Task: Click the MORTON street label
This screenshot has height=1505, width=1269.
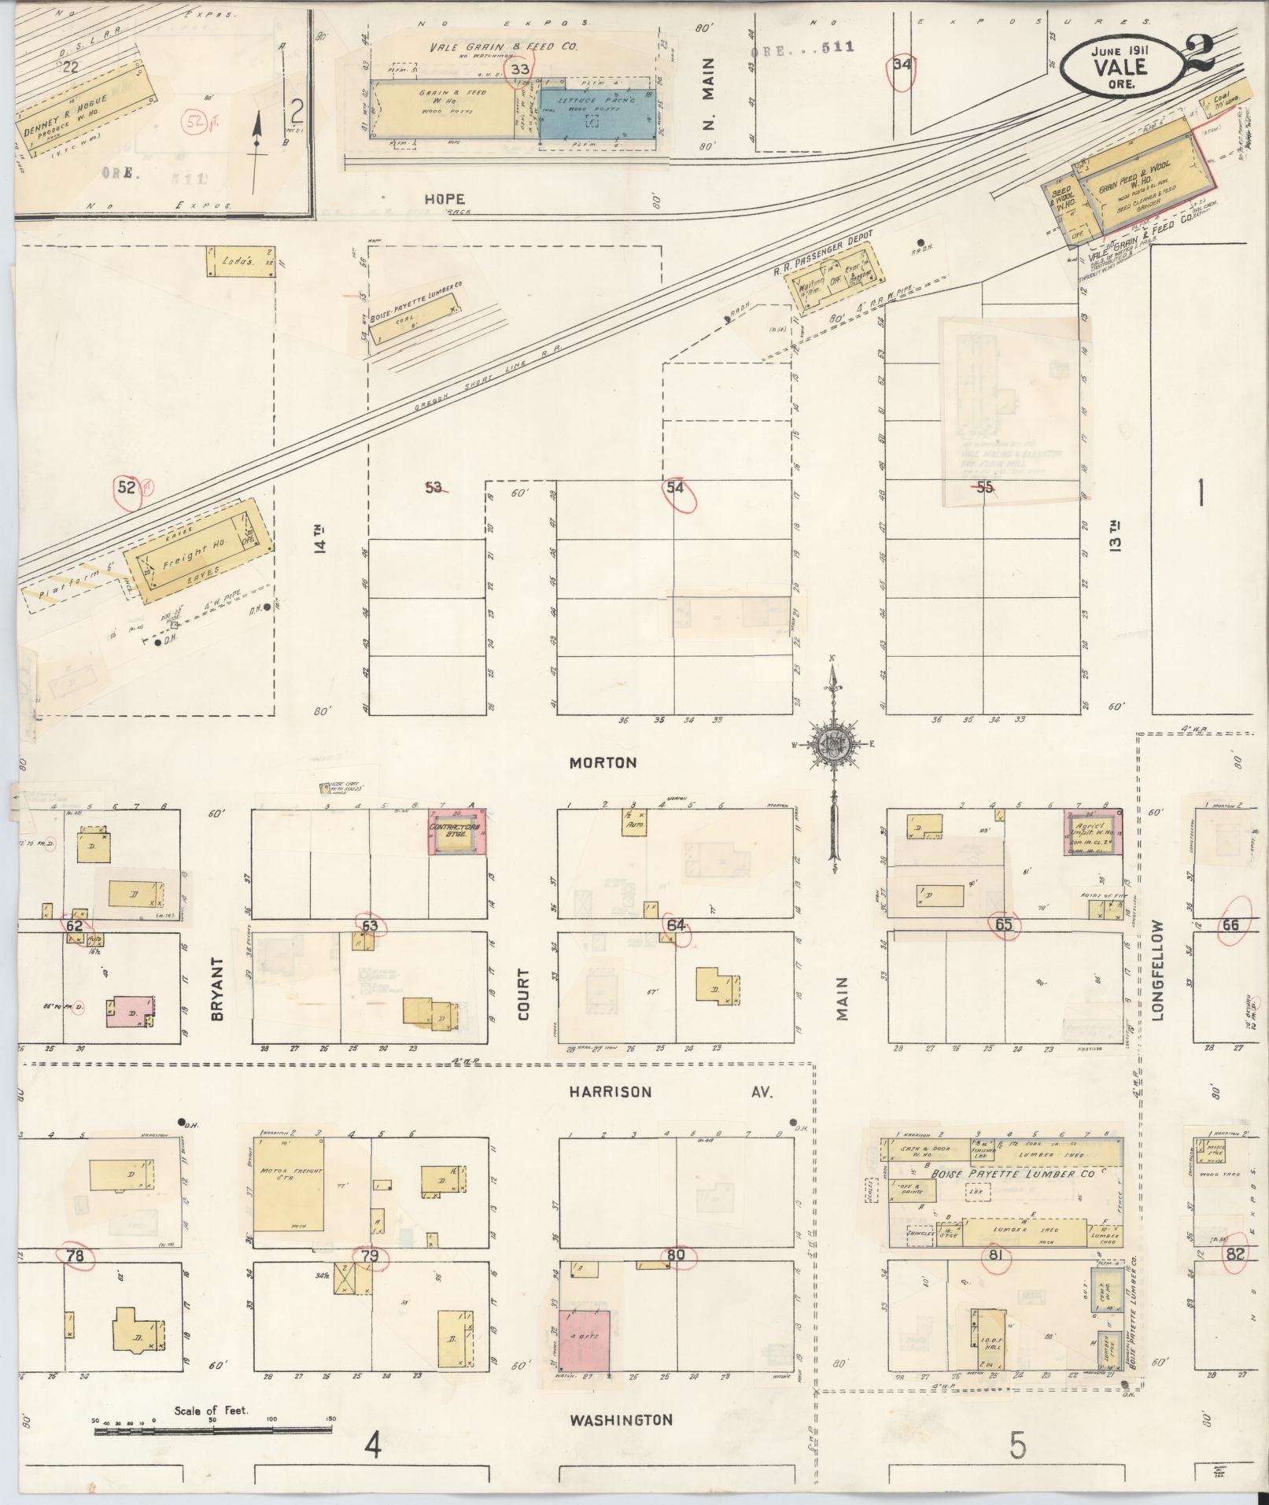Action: tap(603, 762)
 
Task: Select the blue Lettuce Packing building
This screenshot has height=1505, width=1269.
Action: tap(596, 115)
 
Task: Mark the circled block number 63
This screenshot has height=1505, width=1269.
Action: tap(369, 925)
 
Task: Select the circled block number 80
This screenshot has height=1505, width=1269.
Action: tap(675, 1256)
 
